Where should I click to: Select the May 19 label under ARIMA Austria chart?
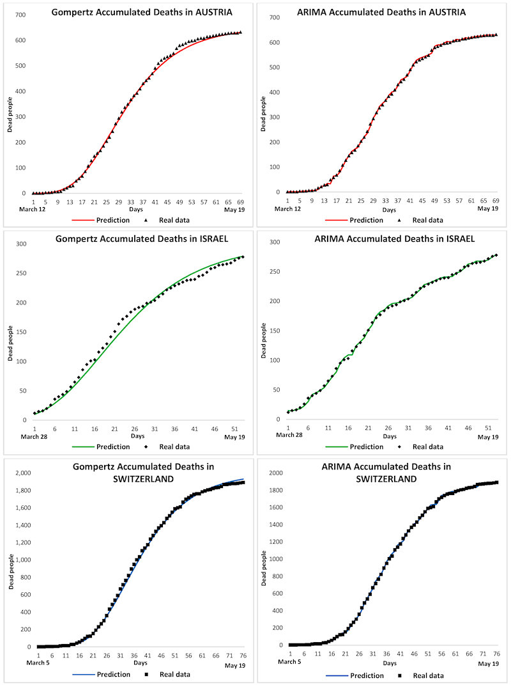point(489,209)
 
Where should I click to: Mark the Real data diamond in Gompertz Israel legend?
point(146,446)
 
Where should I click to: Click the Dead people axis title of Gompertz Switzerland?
point(11,561)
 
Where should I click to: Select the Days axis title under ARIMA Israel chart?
point(388,437)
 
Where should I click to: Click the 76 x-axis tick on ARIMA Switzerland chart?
point(496,652)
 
